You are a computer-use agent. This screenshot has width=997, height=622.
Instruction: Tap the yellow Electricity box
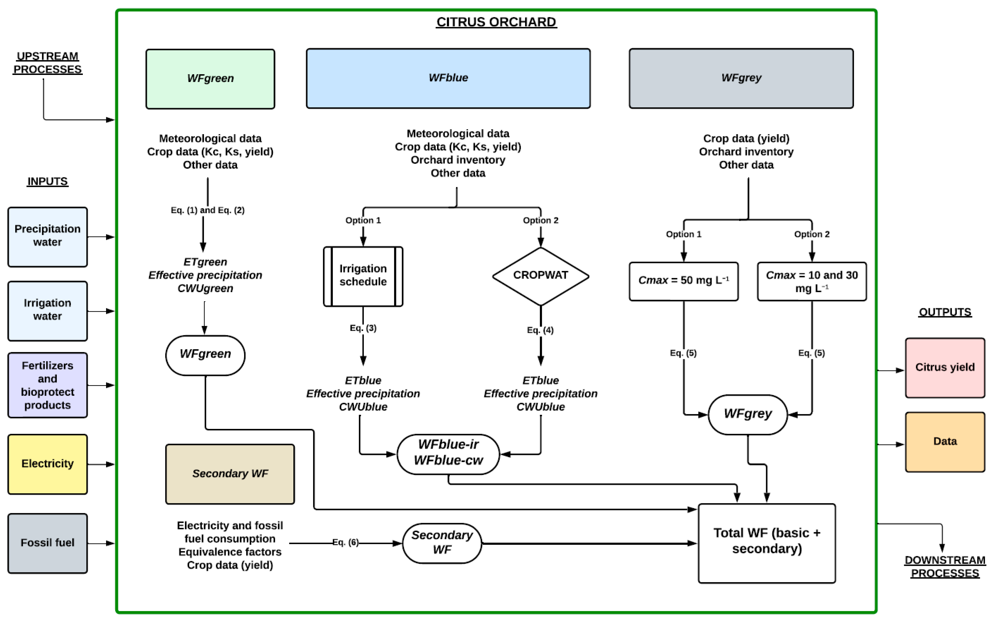pyautogui.click(x=47, y=464)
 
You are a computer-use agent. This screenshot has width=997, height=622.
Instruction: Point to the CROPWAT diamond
pyautogui.click(x=541, y=276)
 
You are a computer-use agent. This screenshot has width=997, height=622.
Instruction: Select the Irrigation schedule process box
pyautogui.click(x=363, y=276)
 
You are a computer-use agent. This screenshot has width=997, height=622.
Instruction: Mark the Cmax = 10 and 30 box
pyautogui.click(x=811, y=281)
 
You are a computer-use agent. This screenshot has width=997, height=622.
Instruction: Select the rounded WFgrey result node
pyautogui.click(x=748, y=414)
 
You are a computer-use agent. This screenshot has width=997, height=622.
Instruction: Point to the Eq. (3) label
pyautogui.click(x=363, y=328)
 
